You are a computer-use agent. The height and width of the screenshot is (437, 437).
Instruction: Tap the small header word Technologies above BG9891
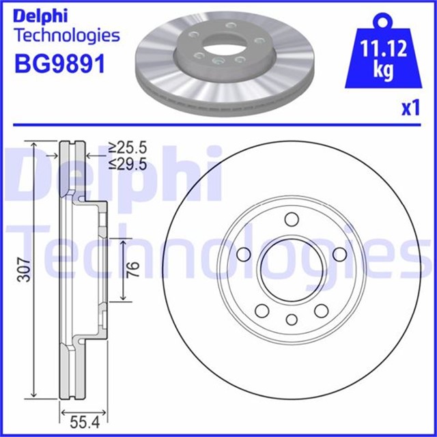pyautogui.click(x=67, y=35)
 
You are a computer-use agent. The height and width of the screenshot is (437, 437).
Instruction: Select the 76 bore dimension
pyautogui.click(x=134, y=270)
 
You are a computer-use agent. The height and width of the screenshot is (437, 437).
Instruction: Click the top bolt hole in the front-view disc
pyautogui.click(x=292, y=219)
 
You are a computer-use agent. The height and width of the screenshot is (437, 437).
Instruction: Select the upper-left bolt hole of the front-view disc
pyautogui.click(x=244, y=255)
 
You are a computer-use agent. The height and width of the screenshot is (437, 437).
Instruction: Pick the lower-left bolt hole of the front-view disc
pyautogui.click(x=261, y=311)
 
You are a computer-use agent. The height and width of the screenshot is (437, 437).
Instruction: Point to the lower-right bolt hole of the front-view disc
pyautogui.click(x=322, y=311)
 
